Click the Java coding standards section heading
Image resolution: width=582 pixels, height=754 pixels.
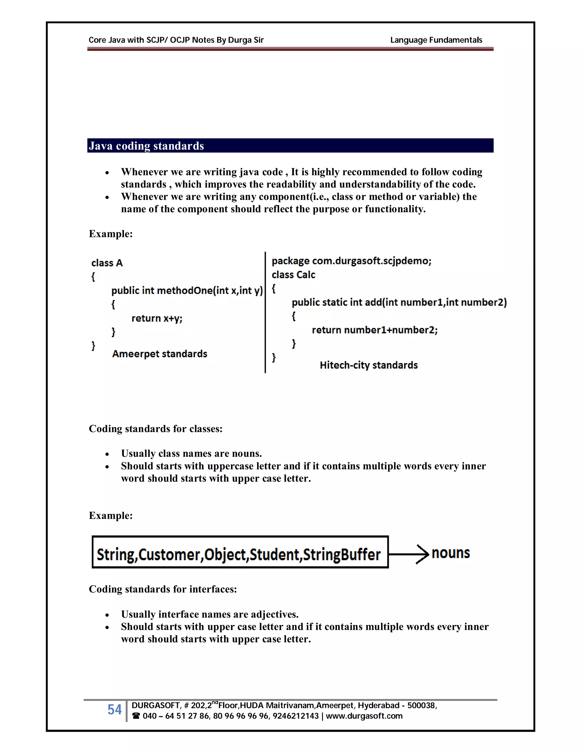click(146, 146)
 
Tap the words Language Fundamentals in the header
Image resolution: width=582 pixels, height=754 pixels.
click(436, 40)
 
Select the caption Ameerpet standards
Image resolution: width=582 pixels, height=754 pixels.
click(159, 354)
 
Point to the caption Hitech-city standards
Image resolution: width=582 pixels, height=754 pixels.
click(368, 365)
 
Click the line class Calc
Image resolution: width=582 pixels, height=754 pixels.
click(293, 275)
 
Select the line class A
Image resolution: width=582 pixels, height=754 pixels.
click(107, 263)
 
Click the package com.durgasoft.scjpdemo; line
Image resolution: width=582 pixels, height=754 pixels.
click(351, 261)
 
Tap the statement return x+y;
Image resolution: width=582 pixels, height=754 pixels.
click(157, 318)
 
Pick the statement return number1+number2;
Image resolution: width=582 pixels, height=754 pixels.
click(375, 330)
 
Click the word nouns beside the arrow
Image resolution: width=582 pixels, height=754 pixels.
click(450, 553)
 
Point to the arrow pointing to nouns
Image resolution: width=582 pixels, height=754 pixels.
click(409, 554)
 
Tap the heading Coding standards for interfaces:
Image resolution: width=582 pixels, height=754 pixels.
click(163, 589)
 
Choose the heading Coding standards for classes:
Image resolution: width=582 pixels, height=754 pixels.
click(155, 429)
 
